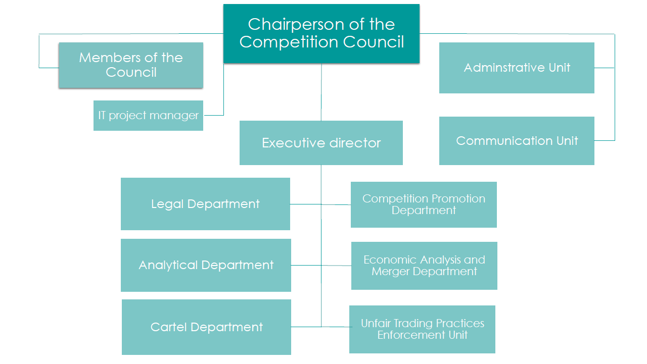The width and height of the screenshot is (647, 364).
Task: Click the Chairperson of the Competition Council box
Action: [321, 33]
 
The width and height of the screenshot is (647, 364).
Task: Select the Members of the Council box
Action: [131, 65]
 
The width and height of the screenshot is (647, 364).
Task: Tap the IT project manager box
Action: [148, 116]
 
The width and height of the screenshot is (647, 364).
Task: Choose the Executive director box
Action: [321, 143]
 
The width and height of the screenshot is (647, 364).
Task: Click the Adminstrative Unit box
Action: [517, 68]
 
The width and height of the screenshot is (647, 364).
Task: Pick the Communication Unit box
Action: [517, 141]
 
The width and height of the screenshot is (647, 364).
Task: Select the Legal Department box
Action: [205, 204]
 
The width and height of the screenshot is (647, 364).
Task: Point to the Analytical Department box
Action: [206, 265]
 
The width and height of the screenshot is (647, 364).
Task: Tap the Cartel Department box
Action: [206, 327]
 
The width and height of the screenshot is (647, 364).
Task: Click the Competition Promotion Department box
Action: [424, 204]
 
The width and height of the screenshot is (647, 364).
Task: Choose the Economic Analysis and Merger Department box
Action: [424, 266]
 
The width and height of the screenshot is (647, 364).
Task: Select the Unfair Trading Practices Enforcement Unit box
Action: [422, 329]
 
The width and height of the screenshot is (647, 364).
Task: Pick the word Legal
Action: [167, 204]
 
